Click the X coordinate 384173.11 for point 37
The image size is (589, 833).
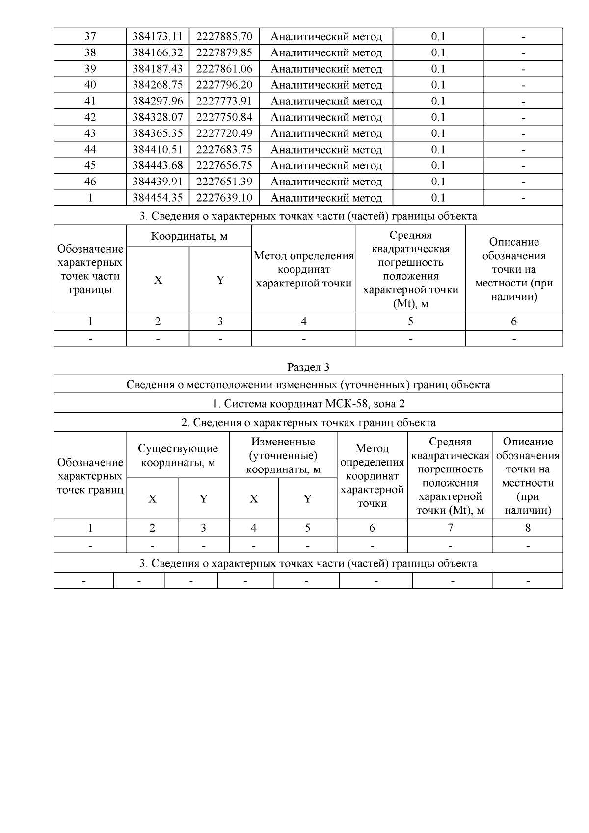point(158,36)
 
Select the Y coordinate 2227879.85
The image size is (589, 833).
point(224,52)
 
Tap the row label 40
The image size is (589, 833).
point(90,85)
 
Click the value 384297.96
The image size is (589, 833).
point(158,101)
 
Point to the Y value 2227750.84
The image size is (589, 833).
point(224,117)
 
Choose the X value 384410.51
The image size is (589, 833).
point(158,150)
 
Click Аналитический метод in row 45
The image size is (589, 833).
point(326,166)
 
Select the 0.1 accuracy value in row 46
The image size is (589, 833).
point(438,182)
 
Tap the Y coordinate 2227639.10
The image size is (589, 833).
point(224,198)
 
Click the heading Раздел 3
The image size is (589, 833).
point(308,367)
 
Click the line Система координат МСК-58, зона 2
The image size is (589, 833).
point(308,403)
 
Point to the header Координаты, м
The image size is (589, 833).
point(189,236)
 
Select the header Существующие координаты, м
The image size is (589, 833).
point(178,455)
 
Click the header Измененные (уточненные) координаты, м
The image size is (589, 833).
point(283,455)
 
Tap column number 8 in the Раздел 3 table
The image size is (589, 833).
point(528,528)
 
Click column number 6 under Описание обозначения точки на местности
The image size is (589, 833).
point(514,321)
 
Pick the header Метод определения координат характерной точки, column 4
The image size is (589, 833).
point(303,269)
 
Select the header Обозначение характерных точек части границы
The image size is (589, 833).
point(90,269)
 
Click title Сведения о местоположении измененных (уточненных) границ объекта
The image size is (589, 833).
point(308,384)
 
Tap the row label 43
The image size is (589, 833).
point(90,133)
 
